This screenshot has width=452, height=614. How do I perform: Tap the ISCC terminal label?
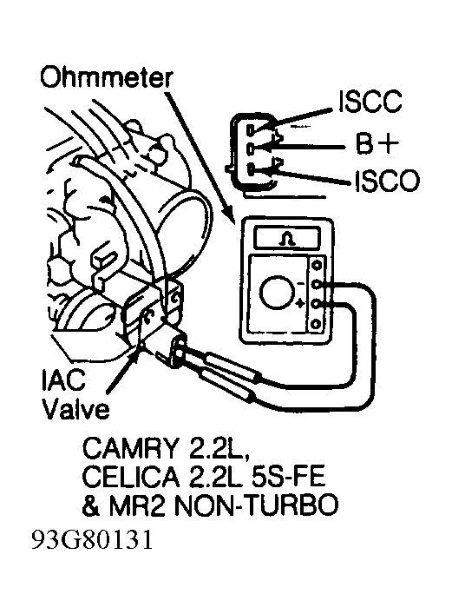(x=370, y=102)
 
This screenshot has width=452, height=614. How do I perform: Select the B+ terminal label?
(x=377, y=143)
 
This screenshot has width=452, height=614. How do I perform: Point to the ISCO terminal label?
(x=387, y=181)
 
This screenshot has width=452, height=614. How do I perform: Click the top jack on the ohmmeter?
(x=317, y=265)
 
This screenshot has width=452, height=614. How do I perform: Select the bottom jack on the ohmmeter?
(x=316, y=324)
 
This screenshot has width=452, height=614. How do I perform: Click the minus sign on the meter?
(x=300, y=283)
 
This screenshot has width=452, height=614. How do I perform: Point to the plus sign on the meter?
(x=300, y=303)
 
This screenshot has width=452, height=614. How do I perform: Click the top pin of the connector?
(x=251, y=129)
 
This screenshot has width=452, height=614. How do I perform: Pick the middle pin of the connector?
(x=251, y=149)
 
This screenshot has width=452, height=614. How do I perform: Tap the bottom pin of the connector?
(x=251, y=169)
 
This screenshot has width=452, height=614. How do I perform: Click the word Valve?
(x=75, y=410)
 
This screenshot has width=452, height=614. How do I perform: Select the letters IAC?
(x=64, y=380)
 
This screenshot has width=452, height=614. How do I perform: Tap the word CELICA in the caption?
(x=132, y=477)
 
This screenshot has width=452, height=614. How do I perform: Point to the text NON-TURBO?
(x=256, y=505)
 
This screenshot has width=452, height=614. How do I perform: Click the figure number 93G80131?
(x=92, y=540)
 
